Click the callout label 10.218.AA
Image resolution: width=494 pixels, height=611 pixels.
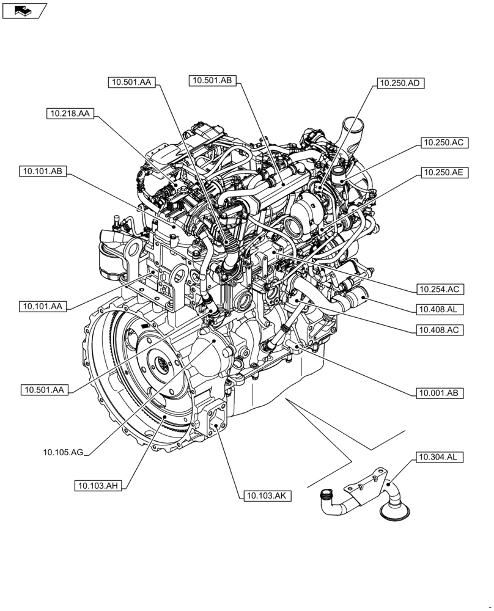pyautogui.click(x=69, y=114)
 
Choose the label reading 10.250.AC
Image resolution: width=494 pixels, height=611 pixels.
pyautogui.click(x=443, y=143)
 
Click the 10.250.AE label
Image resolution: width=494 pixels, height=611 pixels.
pyautogui.click(x=443, y=173)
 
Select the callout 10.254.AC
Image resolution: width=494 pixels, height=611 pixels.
pyautogui.click(x=439, y=288)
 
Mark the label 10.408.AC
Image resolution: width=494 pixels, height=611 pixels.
pyautogui.click(x=439, y=330)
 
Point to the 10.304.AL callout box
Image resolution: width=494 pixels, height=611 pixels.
pyautogui.click(x=439, y=456)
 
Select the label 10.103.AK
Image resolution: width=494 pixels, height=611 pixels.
pyautogui.click(x=267, y=496)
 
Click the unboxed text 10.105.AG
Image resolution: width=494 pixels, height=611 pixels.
pyautogui.click(x=63, y=452)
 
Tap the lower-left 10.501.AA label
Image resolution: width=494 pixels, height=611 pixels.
pyautogui.click(x=45, y=389)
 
